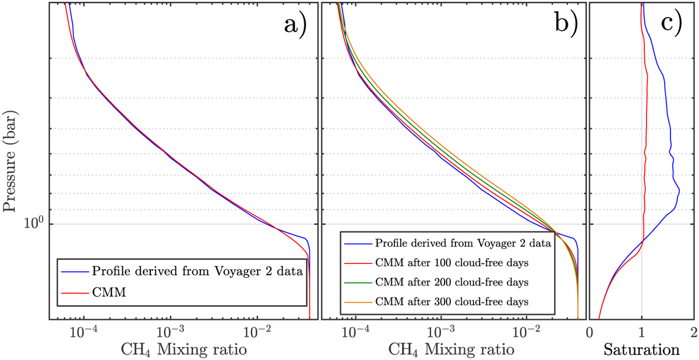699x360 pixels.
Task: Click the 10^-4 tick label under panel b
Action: click(x=355, y=331)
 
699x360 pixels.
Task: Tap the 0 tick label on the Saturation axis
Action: click(x=590, y=331)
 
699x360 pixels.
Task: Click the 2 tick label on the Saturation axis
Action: click(x=692, y=331)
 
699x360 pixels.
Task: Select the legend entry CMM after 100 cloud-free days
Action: click(x=452, y=263)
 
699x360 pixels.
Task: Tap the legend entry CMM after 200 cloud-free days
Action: click(x=452, y=283)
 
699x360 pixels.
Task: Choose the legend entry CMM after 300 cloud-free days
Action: click(x=452, y=302)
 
